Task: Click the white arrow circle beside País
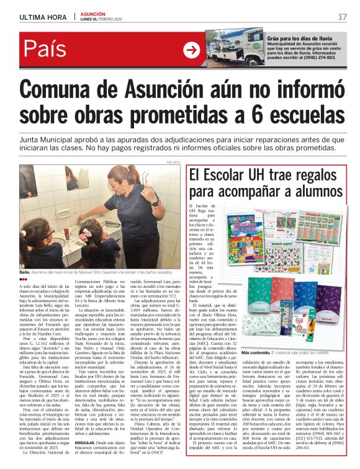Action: click(191, 50)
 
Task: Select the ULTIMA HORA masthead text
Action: click(42, 17)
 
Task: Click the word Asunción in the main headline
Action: click(157, 86)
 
